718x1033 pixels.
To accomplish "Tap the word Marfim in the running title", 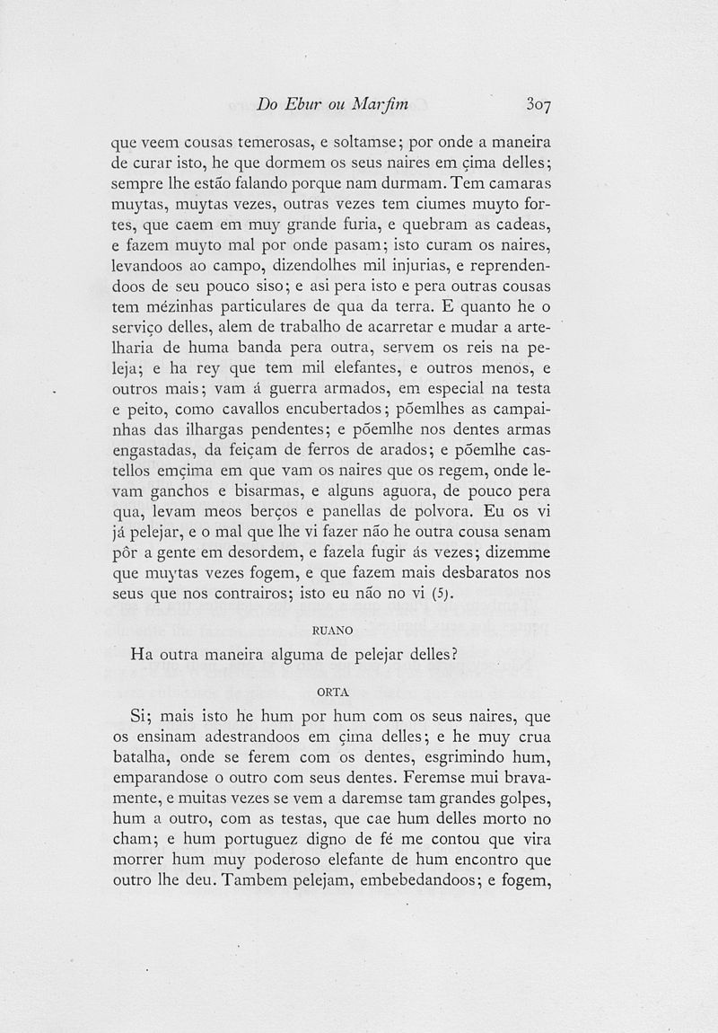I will click(x=377, y=104).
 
